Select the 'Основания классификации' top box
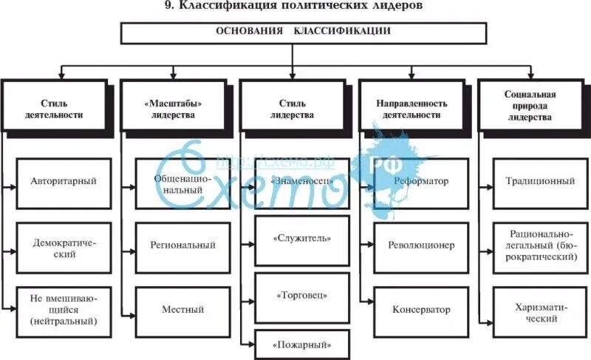303,33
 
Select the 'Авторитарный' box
64,180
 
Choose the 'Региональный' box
183,245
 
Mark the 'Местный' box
183,310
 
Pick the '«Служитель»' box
301,239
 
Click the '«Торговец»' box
301,296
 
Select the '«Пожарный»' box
301,344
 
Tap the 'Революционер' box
420,245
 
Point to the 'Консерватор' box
420,310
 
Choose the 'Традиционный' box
541,180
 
